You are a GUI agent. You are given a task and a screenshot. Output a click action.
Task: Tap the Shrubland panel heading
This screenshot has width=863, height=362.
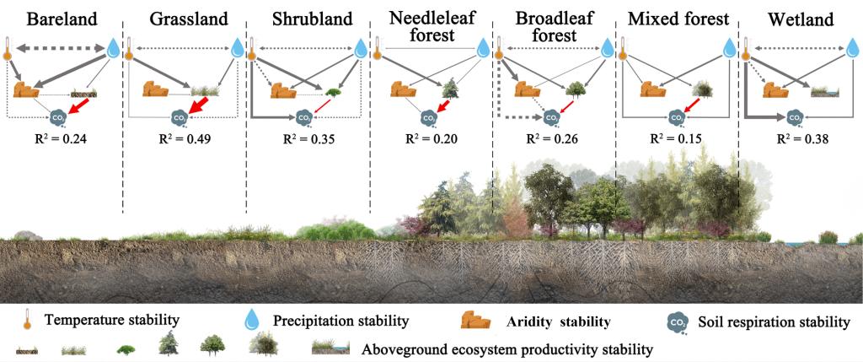tap(307, 19)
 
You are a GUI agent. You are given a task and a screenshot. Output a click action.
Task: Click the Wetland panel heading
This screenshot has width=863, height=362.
tap(799, 19)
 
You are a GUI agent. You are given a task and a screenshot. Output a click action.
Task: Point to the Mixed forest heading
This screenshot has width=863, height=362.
tap(677, 19)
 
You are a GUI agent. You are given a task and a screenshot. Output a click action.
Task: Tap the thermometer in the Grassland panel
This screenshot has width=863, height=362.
tap(130, 50)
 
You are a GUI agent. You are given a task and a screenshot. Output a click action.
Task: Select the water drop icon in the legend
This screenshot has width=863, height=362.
tap(250, 320)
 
